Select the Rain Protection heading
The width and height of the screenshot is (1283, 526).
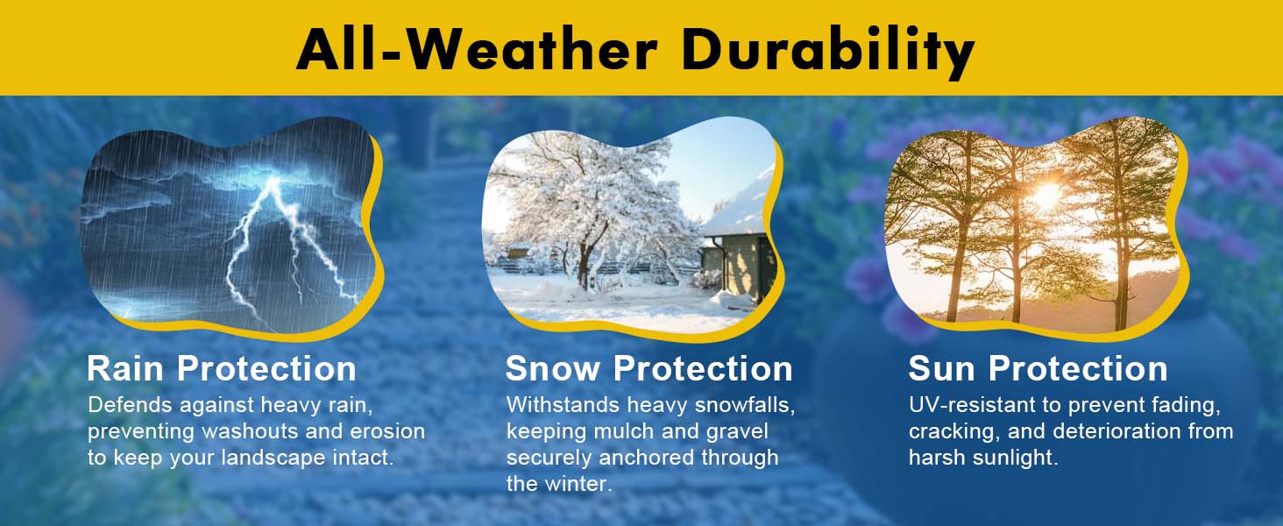[x=222, y=368]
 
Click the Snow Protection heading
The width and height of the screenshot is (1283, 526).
[x=649, y=368]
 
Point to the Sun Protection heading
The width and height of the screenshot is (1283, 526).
[x=1038, y=368]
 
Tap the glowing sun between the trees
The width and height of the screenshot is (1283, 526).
[x=1046, y=196]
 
